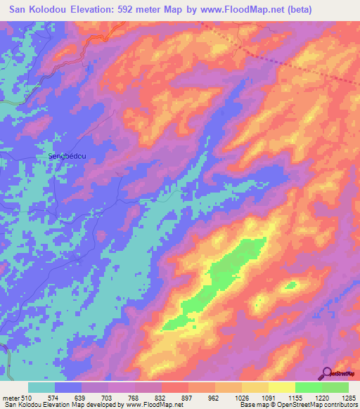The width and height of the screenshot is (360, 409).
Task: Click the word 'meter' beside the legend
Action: [12, 397]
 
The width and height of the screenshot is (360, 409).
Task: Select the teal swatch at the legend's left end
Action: [41, 387]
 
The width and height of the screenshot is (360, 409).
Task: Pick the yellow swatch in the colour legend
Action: [281, 387]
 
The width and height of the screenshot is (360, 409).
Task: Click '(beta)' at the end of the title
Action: [303, 9]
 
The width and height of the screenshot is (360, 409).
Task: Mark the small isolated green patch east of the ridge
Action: [290, 285]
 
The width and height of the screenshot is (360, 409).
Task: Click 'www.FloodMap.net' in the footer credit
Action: [150, 405]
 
